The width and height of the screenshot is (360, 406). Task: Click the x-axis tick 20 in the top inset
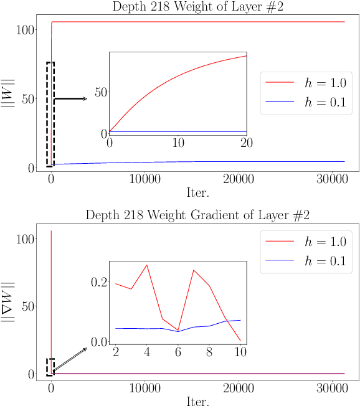[x=247, y=143]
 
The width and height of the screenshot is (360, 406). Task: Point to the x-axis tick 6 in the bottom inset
[x=178, y=352]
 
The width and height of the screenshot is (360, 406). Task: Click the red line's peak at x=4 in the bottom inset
[x=147, y=265]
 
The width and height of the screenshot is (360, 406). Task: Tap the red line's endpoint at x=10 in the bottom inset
[x=240, y=341]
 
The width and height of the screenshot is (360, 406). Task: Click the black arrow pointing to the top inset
[x=71, y=98]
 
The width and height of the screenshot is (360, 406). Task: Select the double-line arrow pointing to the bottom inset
[x=70, y=360]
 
